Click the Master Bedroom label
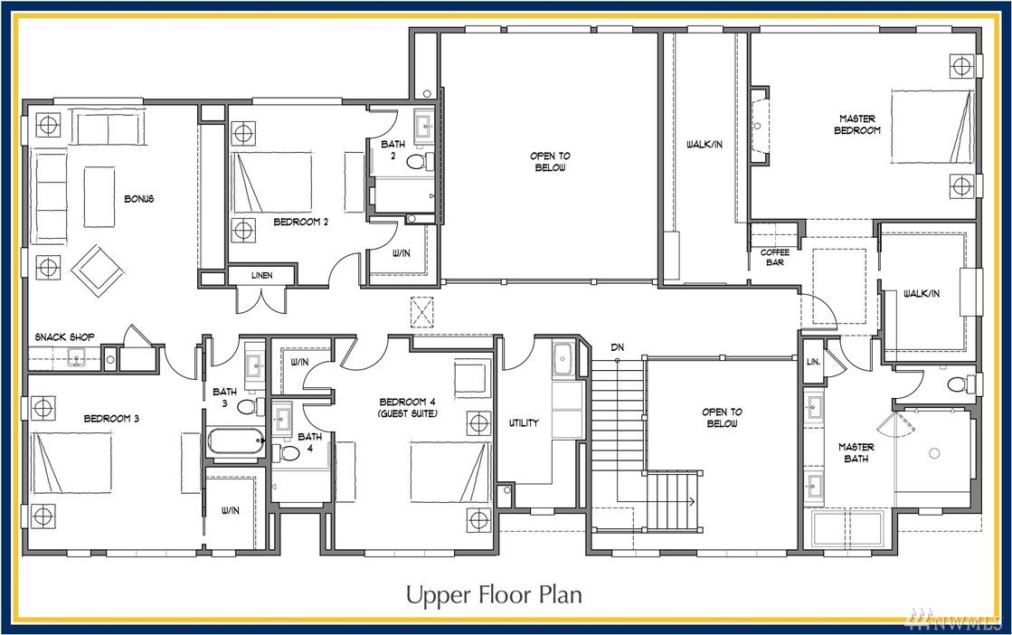pos(857,124)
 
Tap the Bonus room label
pos(138,199)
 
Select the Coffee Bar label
pos(774,257)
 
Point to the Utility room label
pos(524,422)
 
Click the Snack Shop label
pos(64,336)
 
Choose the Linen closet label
pos(261,276)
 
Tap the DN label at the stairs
pos(618,347)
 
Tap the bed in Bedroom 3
pos(71,463)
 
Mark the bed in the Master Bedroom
pos(932,126)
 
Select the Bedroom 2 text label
pos(301,222)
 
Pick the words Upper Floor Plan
pos(494,594)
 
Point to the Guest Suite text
pos(407,413)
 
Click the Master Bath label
pos(856,452)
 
